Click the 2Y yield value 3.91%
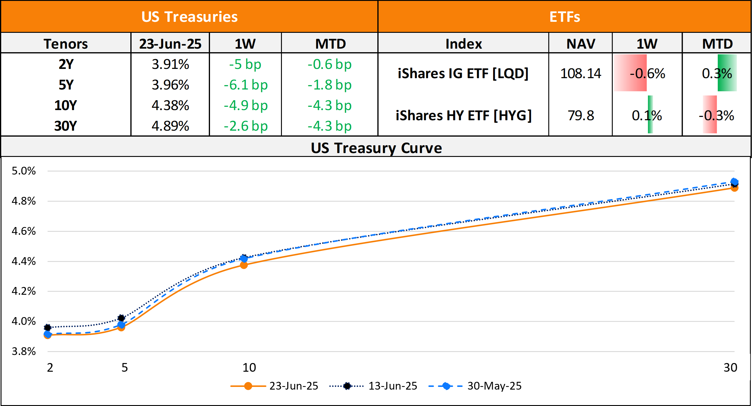pos(170,64)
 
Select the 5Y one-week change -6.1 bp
pos(245,85)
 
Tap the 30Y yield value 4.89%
pos(170,126)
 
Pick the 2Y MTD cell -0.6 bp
pos(330,64)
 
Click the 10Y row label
pos(66,106)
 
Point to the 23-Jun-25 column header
pos(170,44)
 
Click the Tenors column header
pos(66,44)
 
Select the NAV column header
pos(581,44)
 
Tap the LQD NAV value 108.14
pos(581,73)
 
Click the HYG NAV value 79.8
pos(581,115)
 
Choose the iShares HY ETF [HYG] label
pos(464,115)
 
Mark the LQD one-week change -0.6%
pos(647,73)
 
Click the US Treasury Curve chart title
pos(376,148)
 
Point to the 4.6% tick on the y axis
pos(24,231)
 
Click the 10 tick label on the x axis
pos(249,368)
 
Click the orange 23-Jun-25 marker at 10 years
pos(244,265)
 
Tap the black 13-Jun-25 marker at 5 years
pos(121,318)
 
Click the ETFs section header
pos(565,17)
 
